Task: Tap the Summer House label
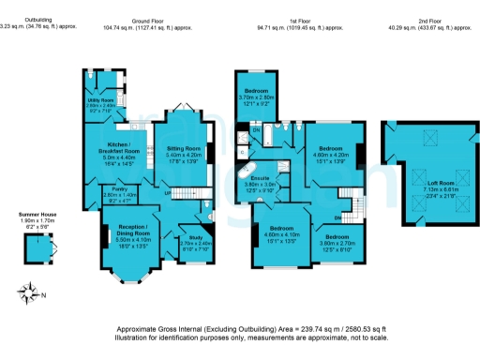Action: click(37, 215)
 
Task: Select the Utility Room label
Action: click(100, 99)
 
